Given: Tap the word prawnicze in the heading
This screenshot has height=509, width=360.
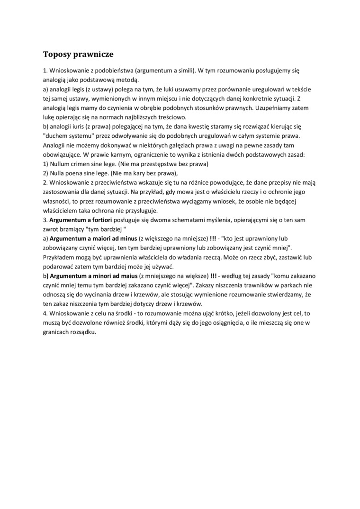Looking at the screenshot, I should click(x=93, y=54).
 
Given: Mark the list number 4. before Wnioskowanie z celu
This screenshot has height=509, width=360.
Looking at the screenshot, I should click(x=45, y=313).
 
